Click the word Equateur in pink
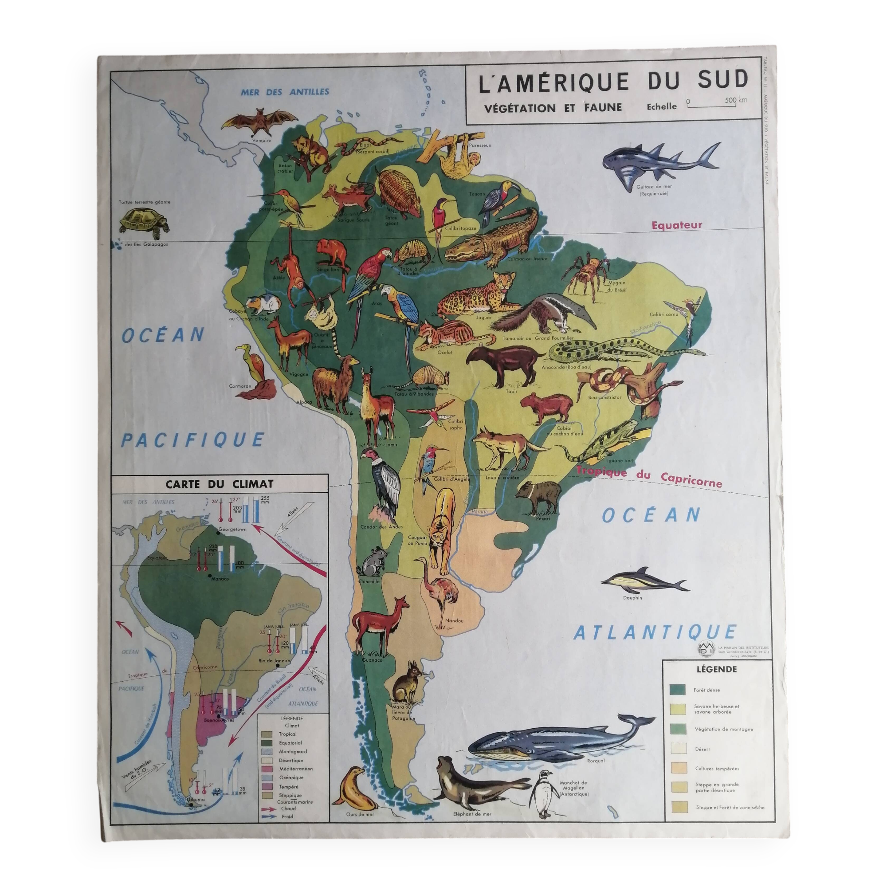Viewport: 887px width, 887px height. [x=677, y=225]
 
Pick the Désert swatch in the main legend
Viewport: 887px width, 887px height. [x=677, y=749]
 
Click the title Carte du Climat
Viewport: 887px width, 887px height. [x=220, y=483]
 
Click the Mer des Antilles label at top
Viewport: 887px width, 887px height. [x=285, y=92]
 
